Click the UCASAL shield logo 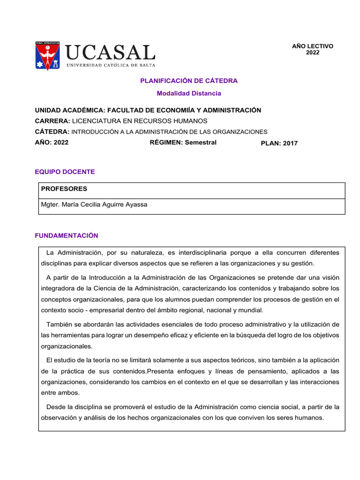pos(47,56)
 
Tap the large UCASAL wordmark pos(111,52)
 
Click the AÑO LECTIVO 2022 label pos(312,49)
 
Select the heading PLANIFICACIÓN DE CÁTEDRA pos(189,81)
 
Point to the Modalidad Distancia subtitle pos(189,93)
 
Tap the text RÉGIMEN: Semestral pos(183,142)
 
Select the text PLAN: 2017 pos(279,143)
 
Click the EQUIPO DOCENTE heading pos(65,172)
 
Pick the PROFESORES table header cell pos(64,189)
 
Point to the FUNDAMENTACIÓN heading pos(67,235)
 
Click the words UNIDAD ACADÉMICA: pos(70,110)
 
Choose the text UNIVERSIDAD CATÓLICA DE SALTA pos(111,65)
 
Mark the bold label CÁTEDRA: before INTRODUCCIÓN pos(52,132)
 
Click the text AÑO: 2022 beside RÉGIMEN pos(52,142)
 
